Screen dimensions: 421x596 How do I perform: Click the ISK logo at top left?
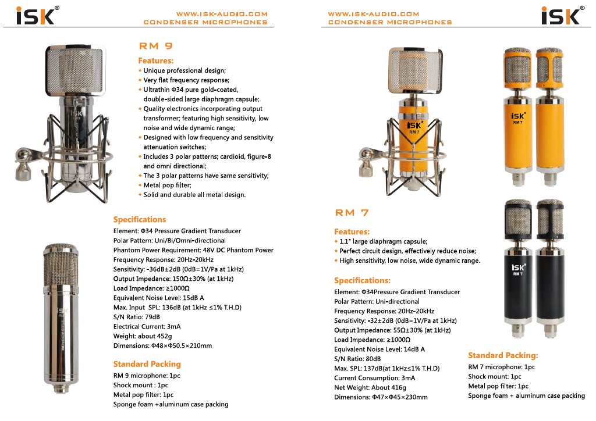[35, 15]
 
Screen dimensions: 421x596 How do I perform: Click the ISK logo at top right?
[560, 15]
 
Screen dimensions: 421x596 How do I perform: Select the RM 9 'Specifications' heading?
[139, 219]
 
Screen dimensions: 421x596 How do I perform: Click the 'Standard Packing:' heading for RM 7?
[503, 355]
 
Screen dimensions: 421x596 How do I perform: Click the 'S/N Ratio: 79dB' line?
[136, 317]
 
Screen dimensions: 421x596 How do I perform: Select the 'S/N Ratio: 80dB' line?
[357, 359]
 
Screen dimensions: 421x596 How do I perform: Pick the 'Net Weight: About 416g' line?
[370, 387]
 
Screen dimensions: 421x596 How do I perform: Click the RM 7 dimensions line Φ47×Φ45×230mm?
[381, 397]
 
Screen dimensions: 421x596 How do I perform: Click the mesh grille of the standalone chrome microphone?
[61, 265]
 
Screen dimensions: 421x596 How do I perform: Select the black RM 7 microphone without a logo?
[550, 267]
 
